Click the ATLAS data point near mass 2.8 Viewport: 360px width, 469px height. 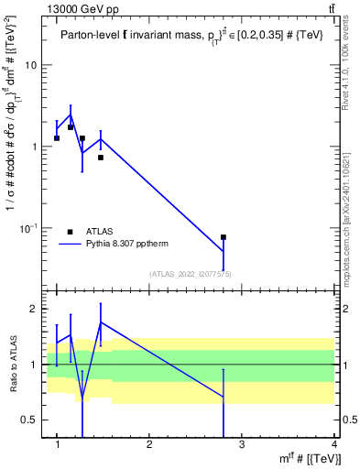click(224, 237)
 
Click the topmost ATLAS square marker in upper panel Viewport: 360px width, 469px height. click(71, 127)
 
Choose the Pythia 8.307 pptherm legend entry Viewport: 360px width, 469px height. click(125, 245)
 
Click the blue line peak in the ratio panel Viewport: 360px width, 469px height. click(101, 322)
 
